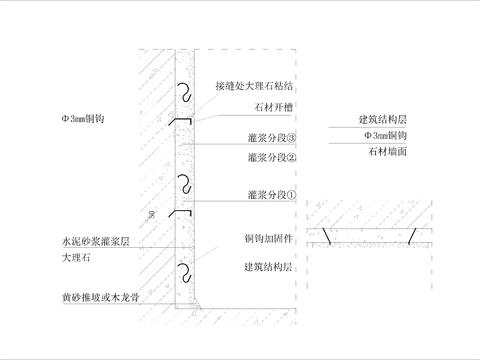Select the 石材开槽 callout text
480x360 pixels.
(261, 108)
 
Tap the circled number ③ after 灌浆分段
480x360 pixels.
(293, 140)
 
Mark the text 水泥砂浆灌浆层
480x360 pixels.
(92, 242)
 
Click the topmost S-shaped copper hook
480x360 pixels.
(184, 90)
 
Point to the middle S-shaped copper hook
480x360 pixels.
(184, 181)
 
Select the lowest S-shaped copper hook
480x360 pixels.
(184, 270)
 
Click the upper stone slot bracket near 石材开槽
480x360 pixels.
(179, 122)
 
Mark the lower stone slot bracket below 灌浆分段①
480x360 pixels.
(179, 214)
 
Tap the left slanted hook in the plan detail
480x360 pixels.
(326, 236)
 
